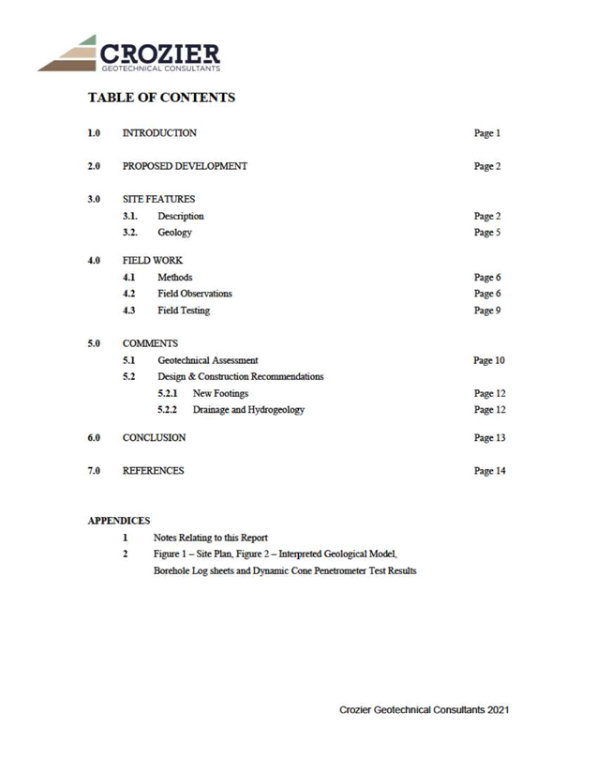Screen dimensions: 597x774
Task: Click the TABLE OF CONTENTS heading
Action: (162, 98)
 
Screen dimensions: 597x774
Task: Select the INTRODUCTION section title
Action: (159, 133)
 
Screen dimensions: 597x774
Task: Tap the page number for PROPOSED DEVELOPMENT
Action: (487, 166)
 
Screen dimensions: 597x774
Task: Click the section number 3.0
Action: (94, 199)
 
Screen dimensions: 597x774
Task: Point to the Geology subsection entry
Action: (174, 233)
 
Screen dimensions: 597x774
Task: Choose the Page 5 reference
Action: (487, 233)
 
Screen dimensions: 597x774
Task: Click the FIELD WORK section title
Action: (153, 260)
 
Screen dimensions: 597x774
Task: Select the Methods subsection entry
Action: (175, 277)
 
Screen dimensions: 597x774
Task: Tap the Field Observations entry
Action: (195, 294)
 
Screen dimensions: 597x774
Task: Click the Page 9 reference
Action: (487, 311)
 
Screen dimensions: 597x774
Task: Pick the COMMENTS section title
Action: (150, 343)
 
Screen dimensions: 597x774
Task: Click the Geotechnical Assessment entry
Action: (207, 360)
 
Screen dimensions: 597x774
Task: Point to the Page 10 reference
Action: (489, 360)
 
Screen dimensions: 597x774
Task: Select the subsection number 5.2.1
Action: (167, 393)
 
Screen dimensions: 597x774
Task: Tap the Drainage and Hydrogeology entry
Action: (248, 410)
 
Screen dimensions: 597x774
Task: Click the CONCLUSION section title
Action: (154, 437)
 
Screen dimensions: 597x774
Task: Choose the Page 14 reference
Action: (489, 471)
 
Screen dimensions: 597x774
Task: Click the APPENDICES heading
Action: (119, 521)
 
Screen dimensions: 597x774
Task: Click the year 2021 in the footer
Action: (499, 710)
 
